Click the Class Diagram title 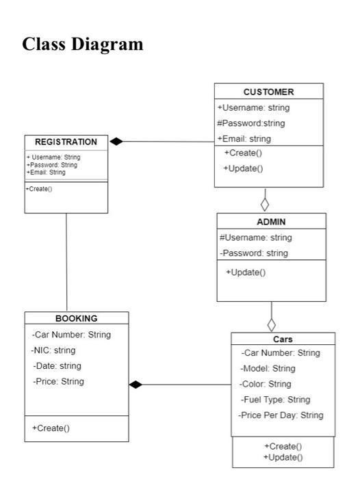tap(83, 44)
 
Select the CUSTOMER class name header tap(268, 92)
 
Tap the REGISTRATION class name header tap(66, 142)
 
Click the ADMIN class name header tap(271, 222)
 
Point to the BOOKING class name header tap(76, 318)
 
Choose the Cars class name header tap(283, 339)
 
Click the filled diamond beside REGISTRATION tap(117, 142)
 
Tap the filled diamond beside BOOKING tap(137, 385)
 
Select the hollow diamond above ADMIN tap(265, 203)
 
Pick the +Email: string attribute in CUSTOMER tap(244, 139)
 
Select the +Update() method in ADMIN tap(246, 272)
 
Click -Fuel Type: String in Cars tap(275, 400)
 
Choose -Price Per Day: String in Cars tap(281, 415)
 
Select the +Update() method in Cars tap(283, 456)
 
